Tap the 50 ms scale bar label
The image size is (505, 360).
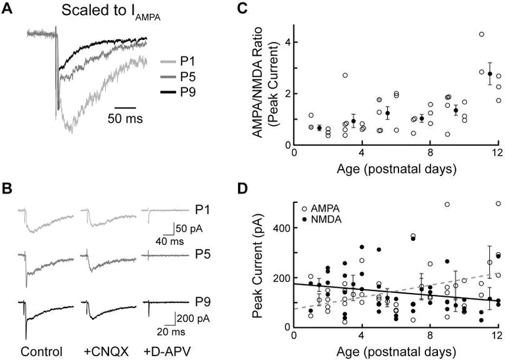click(x=127, y=120)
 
